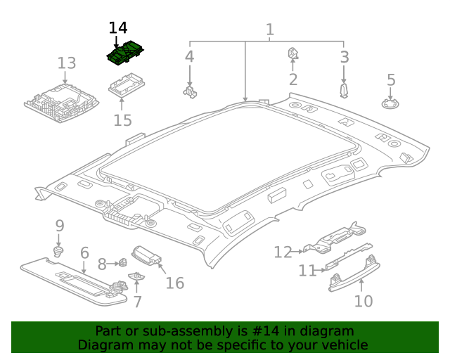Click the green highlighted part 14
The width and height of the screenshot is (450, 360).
point(124,54)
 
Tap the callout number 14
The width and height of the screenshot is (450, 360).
point(118,28)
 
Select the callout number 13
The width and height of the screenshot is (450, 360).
point(66,63)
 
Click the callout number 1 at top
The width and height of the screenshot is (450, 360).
point(270,30)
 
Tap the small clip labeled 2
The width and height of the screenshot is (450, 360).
point(293,53)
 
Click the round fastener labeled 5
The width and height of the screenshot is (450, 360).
point(391,104)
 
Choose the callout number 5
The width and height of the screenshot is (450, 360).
point(391,80)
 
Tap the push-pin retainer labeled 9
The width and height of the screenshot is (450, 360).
point(60,250)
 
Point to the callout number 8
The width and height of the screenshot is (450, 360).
point(102,264)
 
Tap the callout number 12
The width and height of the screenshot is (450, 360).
point(283,252)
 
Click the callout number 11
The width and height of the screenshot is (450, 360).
point(307,271)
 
